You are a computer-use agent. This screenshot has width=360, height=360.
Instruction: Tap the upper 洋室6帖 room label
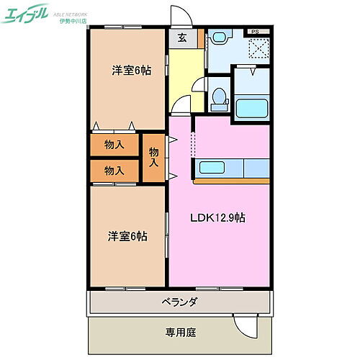[130, 71]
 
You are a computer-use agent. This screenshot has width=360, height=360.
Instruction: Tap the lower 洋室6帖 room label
[127, 235]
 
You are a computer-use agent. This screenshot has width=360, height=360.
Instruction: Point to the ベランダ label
[179, 302]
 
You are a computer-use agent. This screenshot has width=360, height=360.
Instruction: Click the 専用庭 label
[179, 333]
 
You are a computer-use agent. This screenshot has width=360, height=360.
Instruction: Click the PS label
[256, 32]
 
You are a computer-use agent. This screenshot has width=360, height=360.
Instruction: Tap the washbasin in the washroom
[219, 37]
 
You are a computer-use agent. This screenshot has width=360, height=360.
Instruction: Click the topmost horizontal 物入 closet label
[114, 145]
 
